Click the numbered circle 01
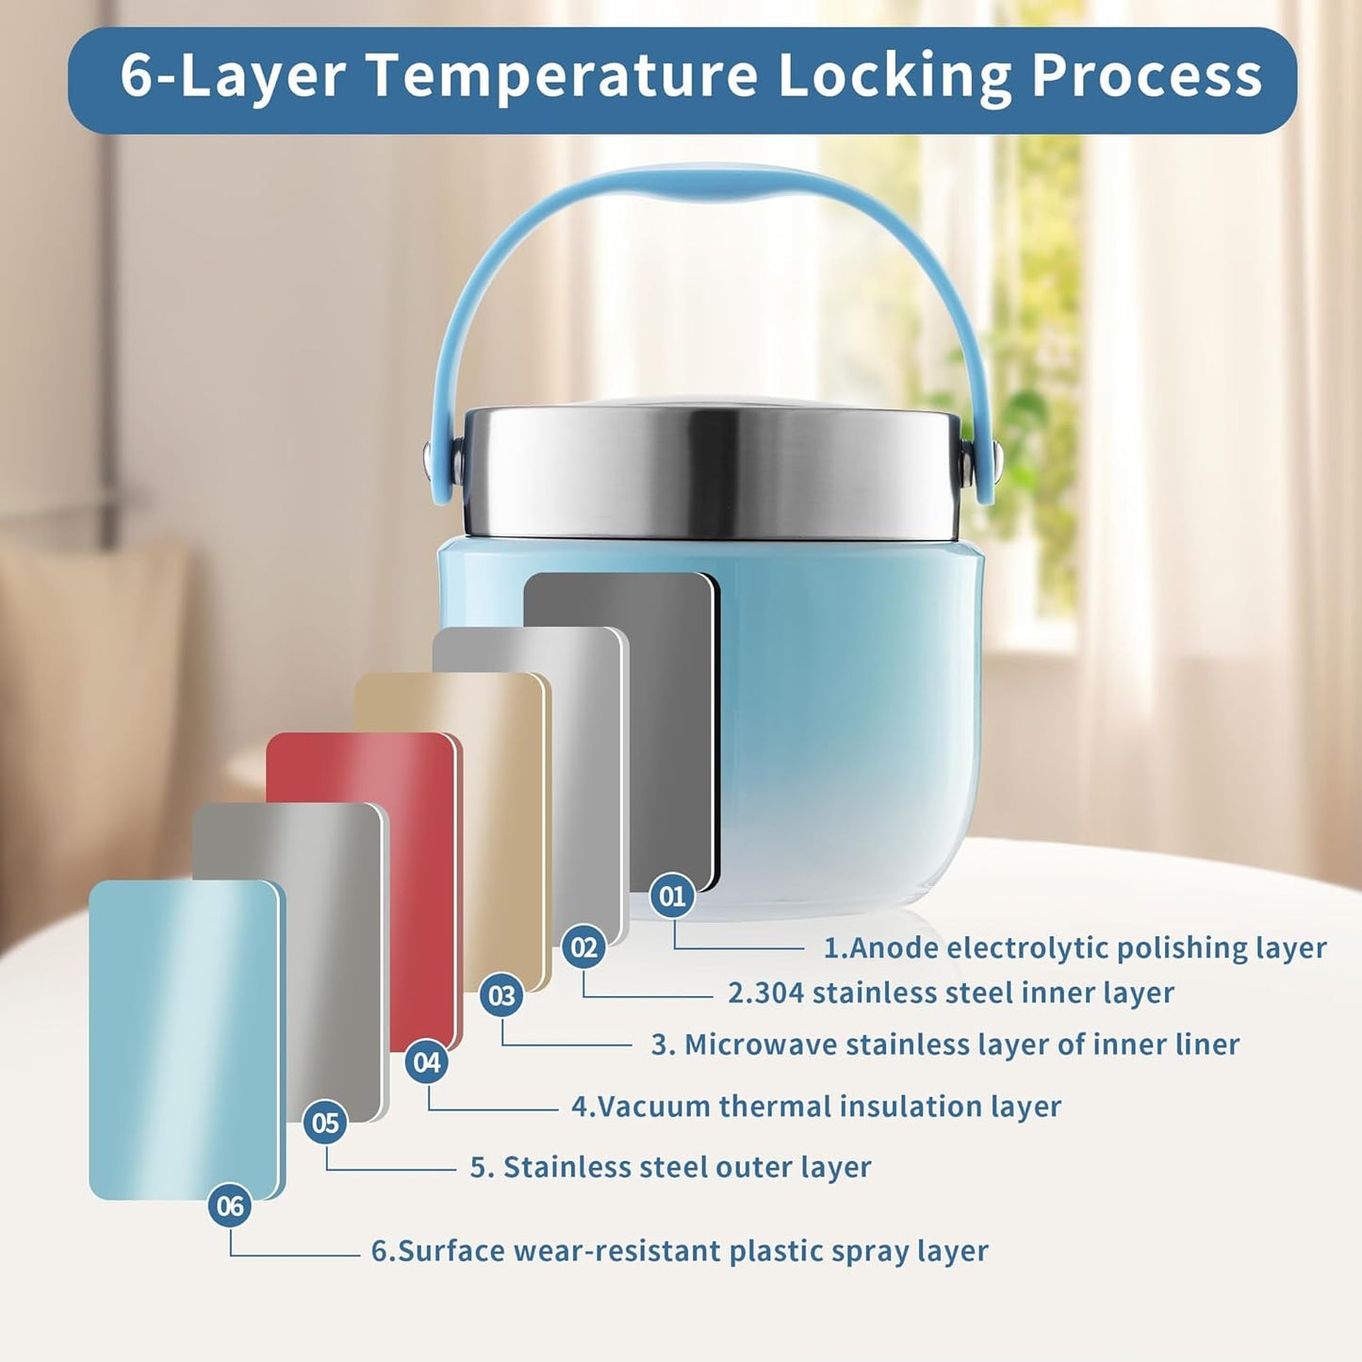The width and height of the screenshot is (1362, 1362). point(672,895)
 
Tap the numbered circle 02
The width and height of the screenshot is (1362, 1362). point(583,947)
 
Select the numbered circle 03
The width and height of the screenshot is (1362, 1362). point(501,996)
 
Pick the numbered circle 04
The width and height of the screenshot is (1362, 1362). point(427,1062)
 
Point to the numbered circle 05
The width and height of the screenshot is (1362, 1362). point(325,1123)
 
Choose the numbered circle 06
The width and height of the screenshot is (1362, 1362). point(230,1206)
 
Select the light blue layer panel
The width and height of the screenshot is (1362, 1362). point(185,1039)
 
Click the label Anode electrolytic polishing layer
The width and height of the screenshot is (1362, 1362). point(1075,948)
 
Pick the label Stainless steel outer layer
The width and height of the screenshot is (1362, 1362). point(671,1167)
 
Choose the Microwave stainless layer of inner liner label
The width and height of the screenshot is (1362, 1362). point(945,1044)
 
